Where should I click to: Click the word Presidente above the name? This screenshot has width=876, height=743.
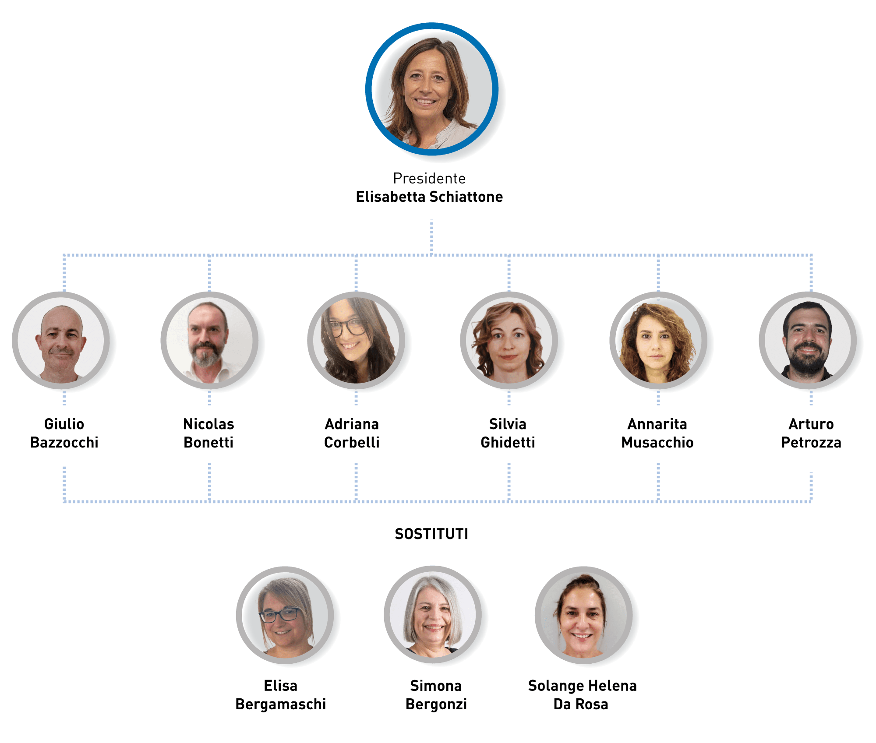click(x=429, y=179)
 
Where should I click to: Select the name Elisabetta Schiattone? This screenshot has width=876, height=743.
click(x=429, y=197)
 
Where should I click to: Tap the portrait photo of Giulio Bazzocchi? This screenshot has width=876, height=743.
click(x=62, y=342)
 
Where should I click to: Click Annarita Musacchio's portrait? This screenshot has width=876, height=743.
click(x=657, y=342)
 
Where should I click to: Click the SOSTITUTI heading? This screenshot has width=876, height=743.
click(x=431, y=534)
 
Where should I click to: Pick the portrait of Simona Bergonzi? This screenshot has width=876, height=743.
click(x=434, y=615)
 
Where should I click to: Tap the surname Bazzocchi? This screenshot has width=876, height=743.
click(x=64, y=443)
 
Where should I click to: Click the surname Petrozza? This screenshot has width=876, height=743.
click(x=811, y=443)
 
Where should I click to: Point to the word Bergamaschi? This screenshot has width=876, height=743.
click(x=281, y=704)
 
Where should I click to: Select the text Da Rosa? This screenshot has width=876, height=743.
click(x=581, y=704)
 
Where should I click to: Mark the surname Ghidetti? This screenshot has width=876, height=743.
click(x=508, y=443)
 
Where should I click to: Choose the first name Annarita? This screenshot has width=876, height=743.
click(x=657, y=424)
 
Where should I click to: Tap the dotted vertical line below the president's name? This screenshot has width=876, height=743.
click(x=431, y=236)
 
